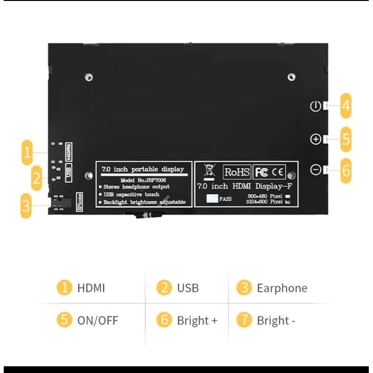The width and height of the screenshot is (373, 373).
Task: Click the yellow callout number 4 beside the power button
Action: coord(345,105)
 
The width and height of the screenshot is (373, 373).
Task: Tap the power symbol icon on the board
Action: coord(315,106)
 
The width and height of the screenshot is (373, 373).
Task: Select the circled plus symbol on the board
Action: coord(315,139)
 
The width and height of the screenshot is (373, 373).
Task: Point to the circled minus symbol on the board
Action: coord(315,170)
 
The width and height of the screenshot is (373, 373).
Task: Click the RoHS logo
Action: coord(237,172)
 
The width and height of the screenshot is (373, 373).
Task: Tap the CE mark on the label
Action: coord(278,172)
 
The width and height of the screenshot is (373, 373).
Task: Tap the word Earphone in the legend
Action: coord(282,288)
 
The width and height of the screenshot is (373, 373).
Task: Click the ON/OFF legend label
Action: coord(97,320)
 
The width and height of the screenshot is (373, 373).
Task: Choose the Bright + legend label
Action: coord(197,320)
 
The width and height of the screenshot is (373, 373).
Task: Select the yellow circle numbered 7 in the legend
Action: coord(244,320)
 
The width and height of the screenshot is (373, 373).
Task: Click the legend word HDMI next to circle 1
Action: coord(91,288)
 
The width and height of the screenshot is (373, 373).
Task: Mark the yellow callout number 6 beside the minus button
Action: coord(345,170)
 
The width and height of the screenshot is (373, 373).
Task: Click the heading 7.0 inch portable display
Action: coord(143,169)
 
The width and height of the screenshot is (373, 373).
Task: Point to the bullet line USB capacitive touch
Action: coord(131,194)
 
